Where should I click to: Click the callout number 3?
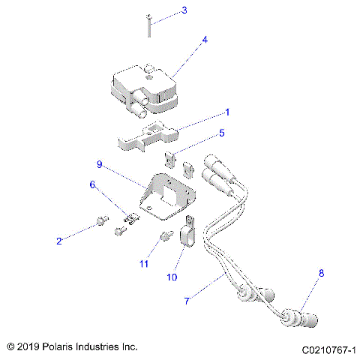[x=184, y=11]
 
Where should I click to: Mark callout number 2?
[x=58, y=241]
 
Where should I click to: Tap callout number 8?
[x=321, y=274]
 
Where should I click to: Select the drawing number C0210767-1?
[x=328, y=349]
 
